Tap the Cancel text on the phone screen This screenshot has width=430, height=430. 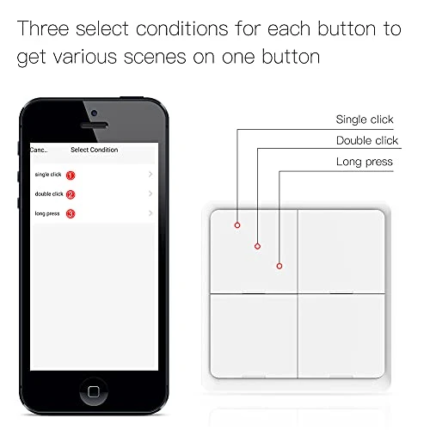[38, 150]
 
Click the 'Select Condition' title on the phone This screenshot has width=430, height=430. [95, 150]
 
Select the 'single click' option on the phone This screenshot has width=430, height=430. [48, 175]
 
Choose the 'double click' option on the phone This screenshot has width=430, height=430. [48, 193]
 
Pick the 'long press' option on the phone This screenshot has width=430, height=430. [47, 212]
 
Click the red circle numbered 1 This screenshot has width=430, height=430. [71, 175]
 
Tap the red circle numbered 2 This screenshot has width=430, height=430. [71, 194]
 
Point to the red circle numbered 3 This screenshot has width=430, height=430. [71, 213]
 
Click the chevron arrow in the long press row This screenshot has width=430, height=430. [150, 212]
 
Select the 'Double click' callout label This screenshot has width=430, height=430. [366, 140]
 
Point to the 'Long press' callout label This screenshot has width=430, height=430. [365, 162]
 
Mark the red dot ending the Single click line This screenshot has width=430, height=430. [236, 225]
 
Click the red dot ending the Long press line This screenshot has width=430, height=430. [279, 266]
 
